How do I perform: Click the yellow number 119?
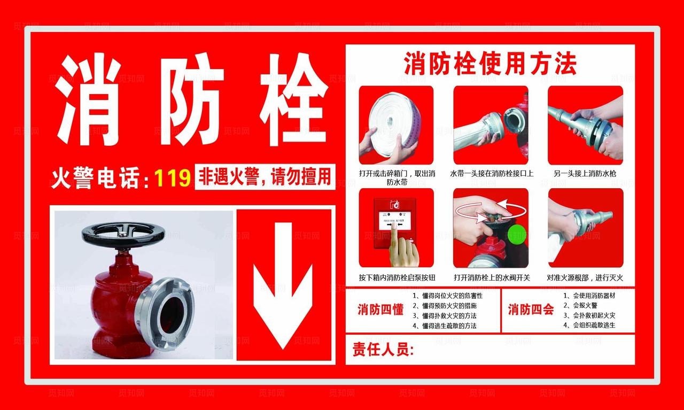point(173,177)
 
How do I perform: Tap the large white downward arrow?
point(283,284)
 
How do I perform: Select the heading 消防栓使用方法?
point(489,64)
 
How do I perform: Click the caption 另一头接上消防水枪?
point(585,173)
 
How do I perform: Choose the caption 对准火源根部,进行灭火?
point(585,277)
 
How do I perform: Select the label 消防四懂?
point(380,310)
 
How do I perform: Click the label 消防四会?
point(531,310)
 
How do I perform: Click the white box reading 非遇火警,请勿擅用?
point(265,177)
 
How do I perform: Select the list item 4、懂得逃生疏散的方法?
point(445,326)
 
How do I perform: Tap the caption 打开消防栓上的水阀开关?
point(492,277)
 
